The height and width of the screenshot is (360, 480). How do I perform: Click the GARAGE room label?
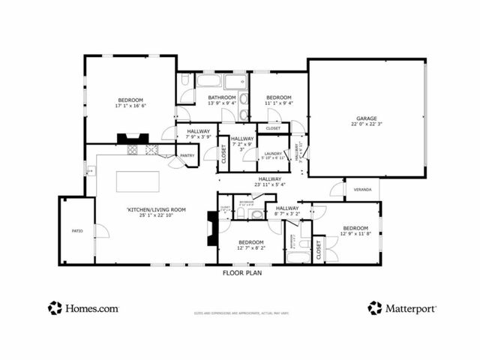[x=366, y=118]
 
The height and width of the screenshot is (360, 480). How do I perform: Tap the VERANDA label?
[x=363, y=190]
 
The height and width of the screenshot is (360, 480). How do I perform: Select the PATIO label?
[x=76, y=231]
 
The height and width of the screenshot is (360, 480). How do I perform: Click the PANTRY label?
[x=187, y=156]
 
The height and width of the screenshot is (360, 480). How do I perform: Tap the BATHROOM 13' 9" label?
[x=222, y=97]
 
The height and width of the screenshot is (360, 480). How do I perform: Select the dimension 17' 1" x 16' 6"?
[x=130, y=106]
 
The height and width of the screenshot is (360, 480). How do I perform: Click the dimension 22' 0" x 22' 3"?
[x=366, y=124]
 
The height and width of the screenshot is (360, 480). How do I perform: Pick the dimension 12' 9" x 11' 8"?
[x=355, y=234]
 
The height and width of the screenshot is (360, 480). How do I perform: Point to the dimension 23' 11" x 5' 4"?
[x=270, y=185]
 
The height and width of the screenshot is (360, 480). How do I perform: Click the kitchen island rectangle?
[x=137, y=182]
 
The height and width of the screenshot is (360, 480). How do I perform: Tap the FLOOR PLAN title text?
[x=242, y=273]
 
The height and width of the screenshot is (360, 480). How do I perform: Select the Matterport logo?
[x=402, y=307]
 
